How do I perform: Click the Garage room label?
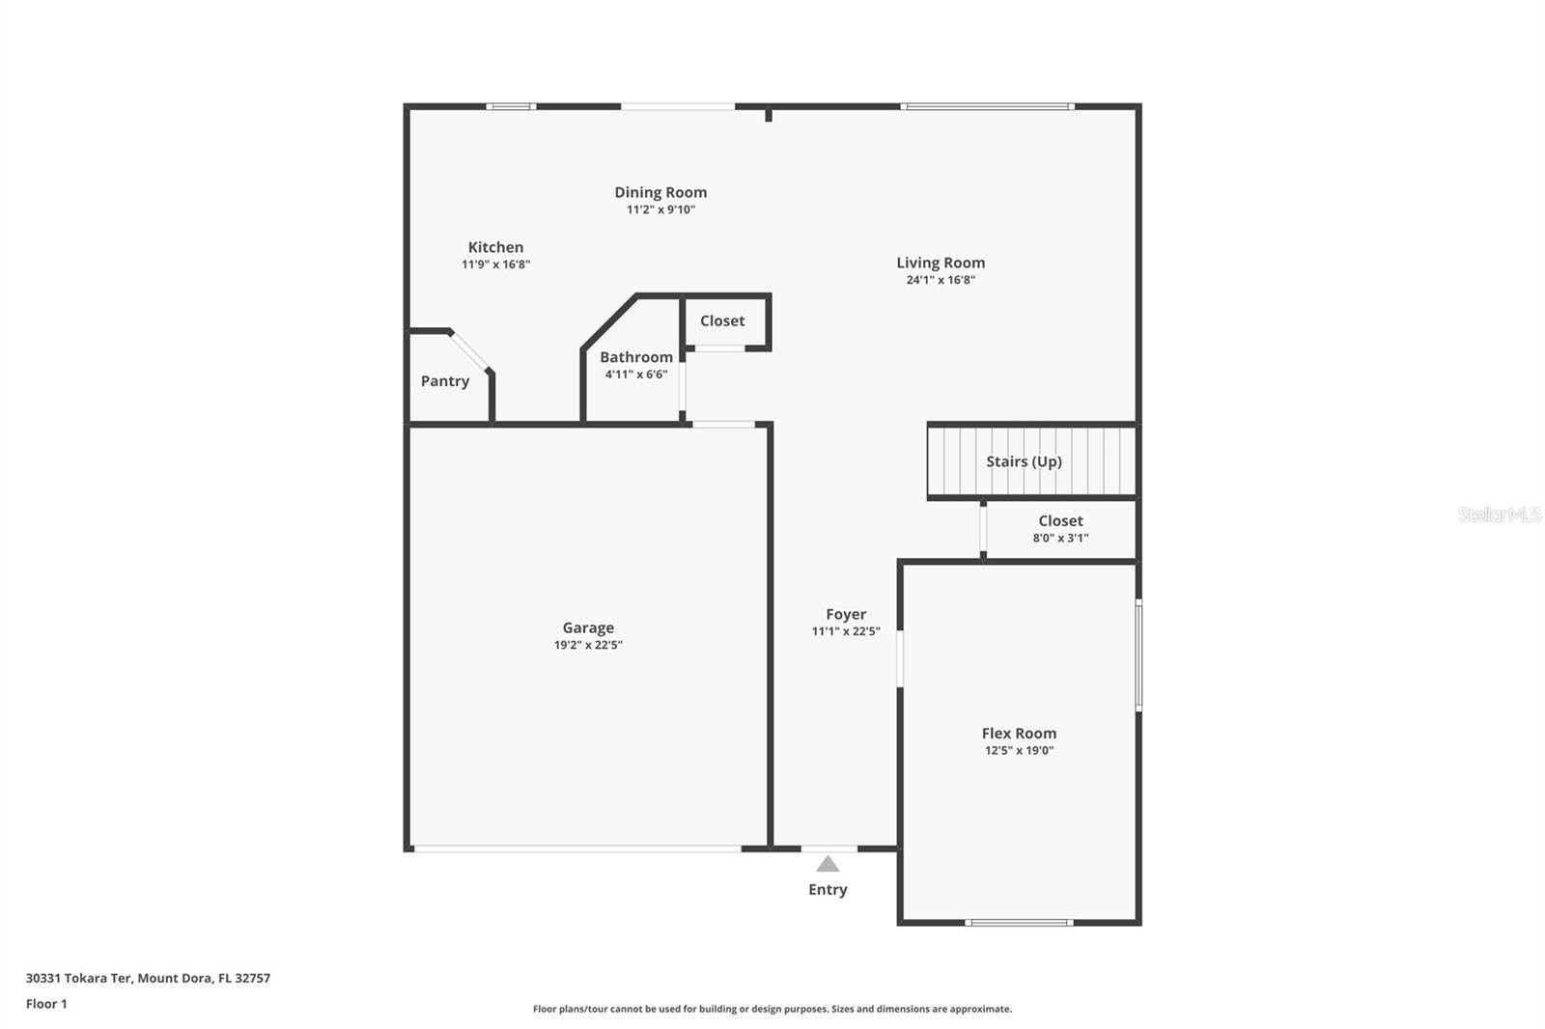[x=588, y=627]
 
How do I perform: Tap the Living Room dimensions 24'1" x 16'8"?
[x=940, y=280]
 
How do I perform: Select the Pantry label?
[x=445, y=381]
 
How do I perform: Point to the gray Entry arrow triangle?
[x=828, y=864]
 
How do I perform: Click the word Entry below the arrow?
[x=828, y=890]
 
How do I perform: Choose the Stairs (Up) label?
[x=1024, y=461]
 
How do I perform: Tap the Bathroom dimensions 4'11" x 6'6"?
[x=636, y=375]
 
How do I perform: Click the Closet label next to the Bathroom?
[x=722, y=321]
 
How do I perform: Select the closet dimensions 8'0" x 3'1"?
[x=1060, y=539]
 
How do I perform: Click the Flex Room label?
[x=1019, y=734]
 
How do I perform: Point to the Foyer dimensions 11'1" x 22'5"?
[x=846, y=632]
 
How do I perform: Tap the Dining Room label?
[x=660, y=192]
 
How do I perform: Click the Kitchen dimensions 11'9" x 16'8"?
[x=495, y=264]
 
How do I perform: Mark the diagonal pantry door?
[x=470, y=351]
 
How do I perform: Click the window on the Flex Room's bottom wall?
[x=1019, y=923]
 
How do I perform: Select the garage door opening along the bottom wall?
[x=576, y=848]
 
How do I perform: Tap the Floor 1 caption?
[x=46, y=1004]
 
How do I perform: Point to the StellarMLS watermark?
[x=1499, y=515]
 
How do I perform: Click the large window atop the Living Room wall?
[x=987, y=106]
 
